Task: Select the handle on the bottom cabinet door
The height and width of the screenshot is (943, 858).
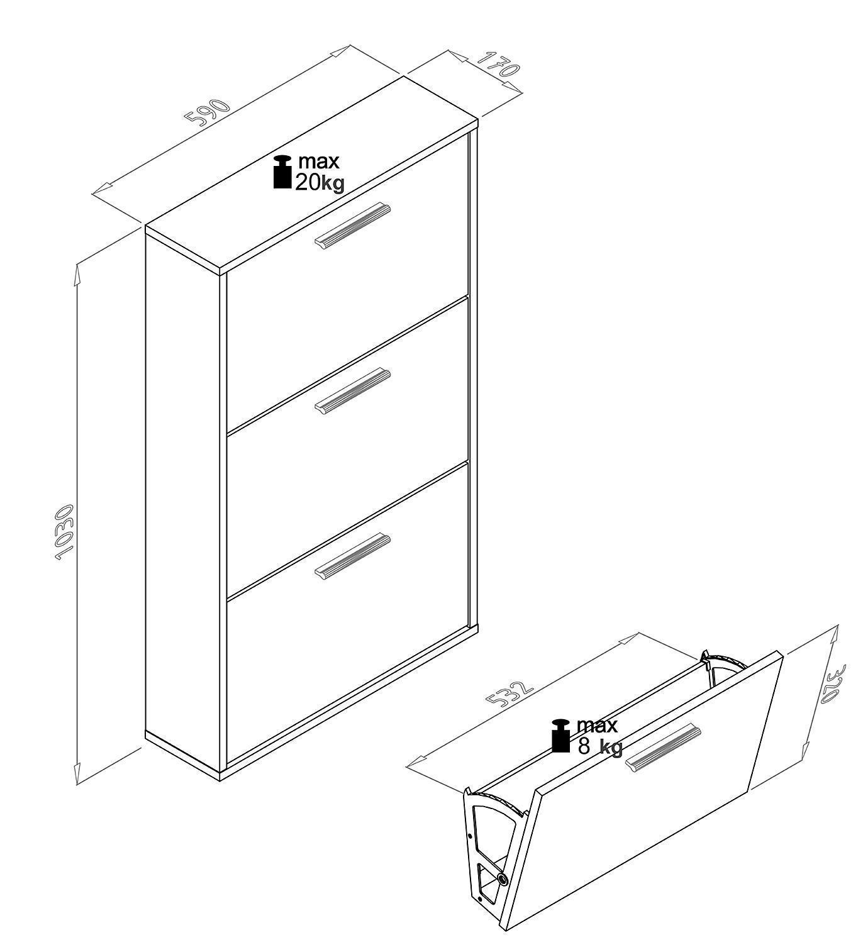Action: (352, 554)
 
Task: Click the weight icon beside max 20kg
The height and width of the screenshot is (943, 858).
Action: (282, 172)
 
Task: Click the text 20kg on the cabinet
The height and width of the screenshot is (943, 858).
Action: (320, 182)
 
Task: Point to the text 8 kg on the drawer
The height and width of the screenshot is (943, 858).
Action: (599, 746)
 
